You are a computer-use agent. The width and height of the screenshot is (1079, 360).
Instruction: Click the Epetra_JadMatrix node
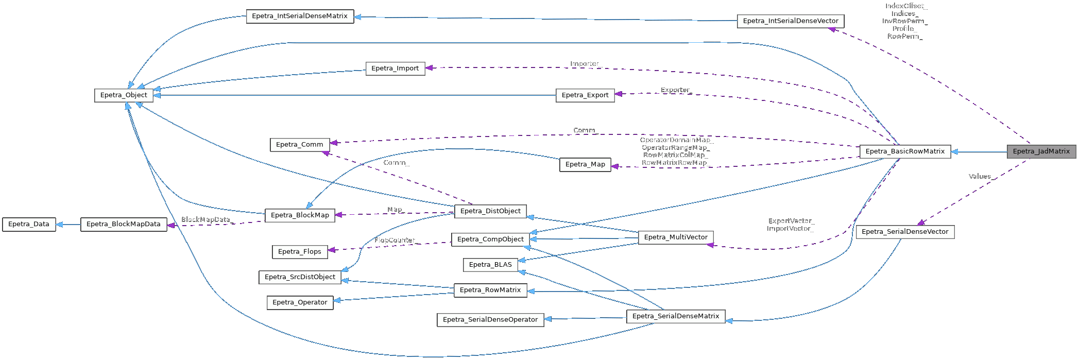[x=1041, y=151]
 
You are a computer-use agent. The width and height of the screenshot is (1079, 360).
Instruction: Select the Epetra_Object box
[x=124, y=95]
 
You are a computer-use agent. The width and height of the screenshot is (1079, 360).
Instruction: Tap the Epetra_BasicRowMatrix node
[x=905, y=151]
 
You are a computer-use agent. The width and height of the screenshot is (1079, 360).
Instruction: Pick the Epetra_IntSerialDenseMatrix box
[x=300, y=16]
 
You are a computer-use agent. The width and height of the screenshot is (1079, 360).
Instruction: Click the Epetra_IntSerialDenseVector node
[x=791, y=21]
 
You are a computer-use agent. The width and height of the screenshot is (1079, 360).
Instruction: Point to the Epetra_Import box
[x=395, y=68]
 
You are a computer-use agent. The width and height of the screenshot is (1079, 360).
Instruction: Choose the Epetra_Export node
[x=585, y=95]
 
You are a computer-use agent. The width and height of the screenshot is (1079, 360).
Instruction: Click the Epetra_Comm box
[x=299, y=145]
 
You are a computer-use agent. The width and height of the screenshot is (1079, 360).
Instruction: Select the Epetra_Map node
[x=585, y=165]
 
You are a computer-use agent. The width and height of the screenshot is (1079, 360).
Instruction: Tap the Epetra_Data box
[x=29, y=225]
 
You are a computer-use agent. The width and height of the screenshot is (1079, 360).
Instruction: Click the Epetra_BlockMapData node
[x=124, y=225]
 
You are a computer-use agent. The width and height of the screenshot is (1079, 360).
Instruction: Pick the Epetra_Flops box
[x=299, y=252]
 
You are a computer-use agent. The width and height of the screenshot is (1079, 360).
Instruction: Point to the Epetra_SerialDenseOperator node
[x=490, y=320]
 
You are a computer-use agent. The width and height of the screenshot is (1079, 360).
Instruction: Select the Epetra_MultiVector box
[x=676, y=237]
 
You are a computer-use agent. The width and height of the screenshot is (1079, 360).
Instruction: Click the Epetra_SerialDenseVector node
[x=905, y=232]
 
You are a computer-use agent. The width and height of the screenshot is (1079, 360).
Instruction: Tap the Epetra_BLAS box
[x=490, y=265]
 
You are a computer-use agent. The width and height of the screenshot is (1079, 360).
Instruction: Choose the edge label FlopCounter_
[x=395, y=241]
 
